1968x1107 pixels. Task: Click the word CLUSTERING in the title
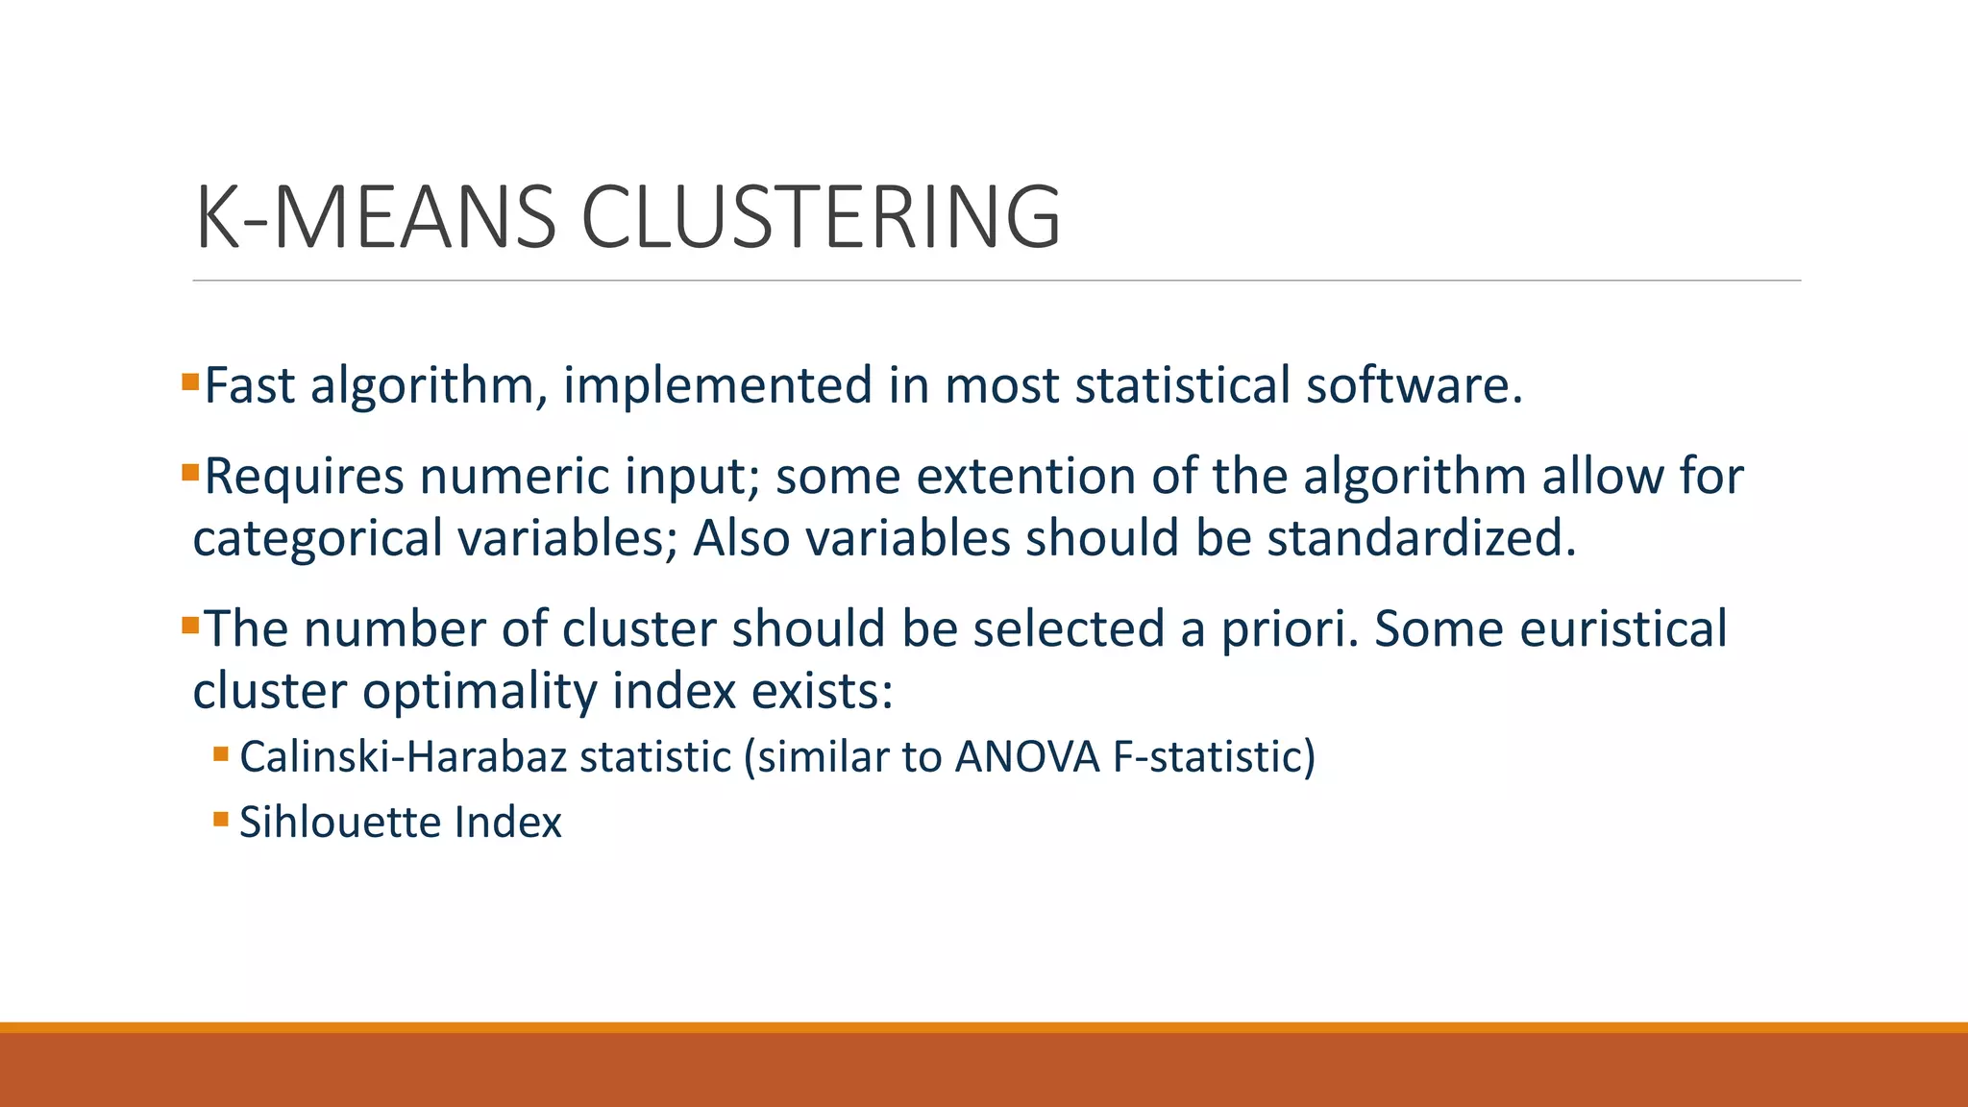click(822, 218)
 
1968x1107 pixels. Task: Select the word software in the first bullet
click(1413, 385)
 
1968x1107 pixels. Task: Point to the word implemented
click(717, 387)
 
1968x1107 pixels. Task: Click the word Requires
click(304, 478)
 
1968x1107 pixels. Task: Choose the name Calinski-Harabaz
click(404, 757)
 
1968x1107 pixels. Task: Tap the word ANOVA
click(1026, 757)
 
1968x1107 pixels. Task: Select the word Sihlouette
click(339, 823)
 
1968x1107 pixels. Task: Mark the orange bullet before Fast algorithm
click(189, 382)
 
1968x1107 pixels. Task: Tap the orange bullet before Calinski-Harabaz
click(221, 754)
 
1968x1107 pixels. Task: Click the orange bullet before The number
click(189, 627)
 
